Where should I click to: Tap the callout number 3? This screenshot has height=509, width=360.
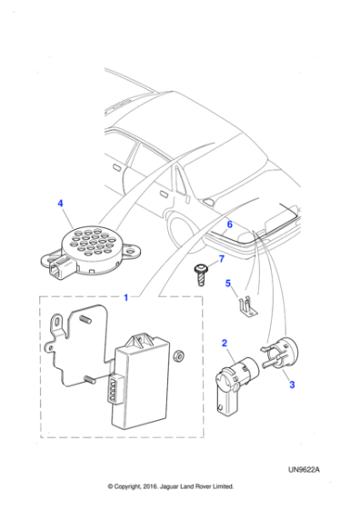pos(292,385)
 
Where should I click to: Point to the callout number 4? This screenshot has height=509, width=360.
pos(61,207)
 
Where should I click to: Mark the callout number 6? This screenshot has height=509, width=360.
pos(230,224)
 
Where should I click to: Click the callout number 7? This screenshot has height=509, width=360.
pos(220,260)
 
